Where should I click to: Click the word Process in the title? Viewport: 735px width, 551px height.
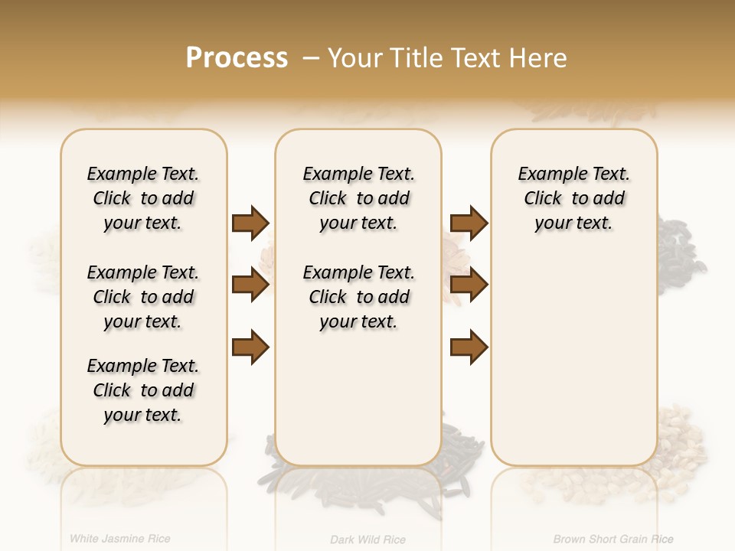click(x=237, y=57)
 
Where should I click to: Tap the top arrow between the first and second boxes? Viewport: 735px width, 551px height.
click(x=250, y=223)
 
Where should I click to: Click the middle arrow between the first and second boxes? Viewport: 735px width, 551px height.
click(x=250, y=285)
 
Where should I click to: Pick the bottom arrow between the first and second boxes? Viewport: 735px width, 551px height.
click(x=250, y=347)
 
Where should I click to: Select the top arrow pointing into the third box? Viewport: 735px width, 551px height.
click(x=469, y=223)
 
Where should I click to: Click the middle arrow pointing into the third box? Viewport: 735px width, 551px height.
click(x=469, y=285)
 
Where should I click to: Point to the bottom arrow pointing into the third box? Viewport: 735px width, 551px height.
click(x=469, y=347)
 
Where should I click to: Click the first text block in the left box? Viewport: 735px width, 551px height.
click(x=143, y=198)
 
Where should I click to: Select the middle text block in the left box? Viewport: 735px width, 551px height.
click(x=143, y=297)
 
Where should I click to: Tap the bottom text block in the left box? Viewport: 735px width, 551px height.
click(x=143, y=390)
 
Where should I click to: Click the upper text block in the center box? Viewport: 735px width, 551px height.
click(x=358, y=198)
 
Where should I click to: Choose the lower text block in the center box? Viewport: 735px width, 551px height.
click(x=358, y=297)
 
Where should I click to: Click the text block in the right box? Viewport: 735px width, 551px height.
click(x=573, y=198)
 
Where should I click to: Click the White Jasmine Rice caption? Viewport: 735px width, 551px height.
click(x=120, y=539)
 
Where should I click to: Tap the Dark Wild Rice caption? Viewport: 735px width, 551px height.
click(x=367, y=540)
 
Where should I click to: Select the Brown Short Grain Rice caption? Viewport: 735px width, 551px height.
click(x=613, y=540)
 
